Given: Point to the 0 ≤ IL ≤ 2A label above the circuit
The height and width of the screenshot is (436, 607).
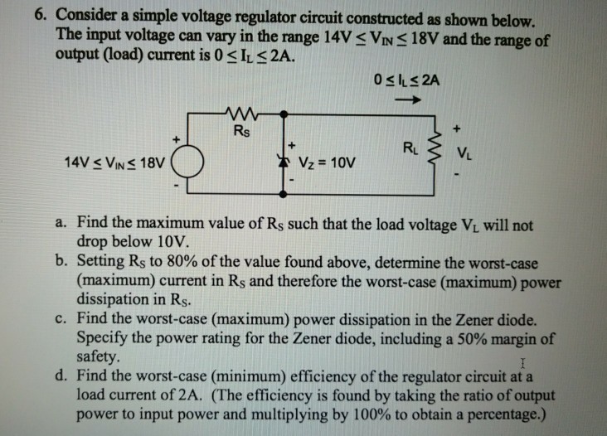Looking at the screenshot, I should (x=406, y=80).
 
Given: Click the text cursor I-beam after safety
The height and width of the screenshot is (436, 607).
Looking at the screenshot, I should (x=520, y=363).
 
